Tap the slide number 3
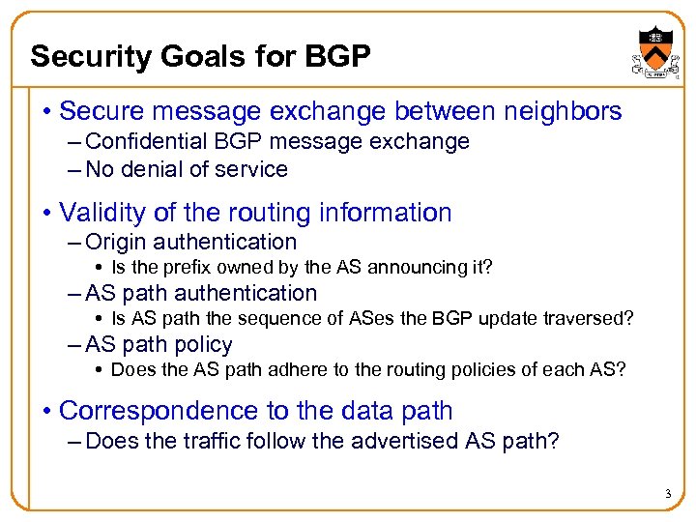667,495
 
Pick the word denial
149,169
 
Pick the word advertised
384,441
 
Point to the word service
253,169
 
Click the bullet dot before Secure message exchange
46,113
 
